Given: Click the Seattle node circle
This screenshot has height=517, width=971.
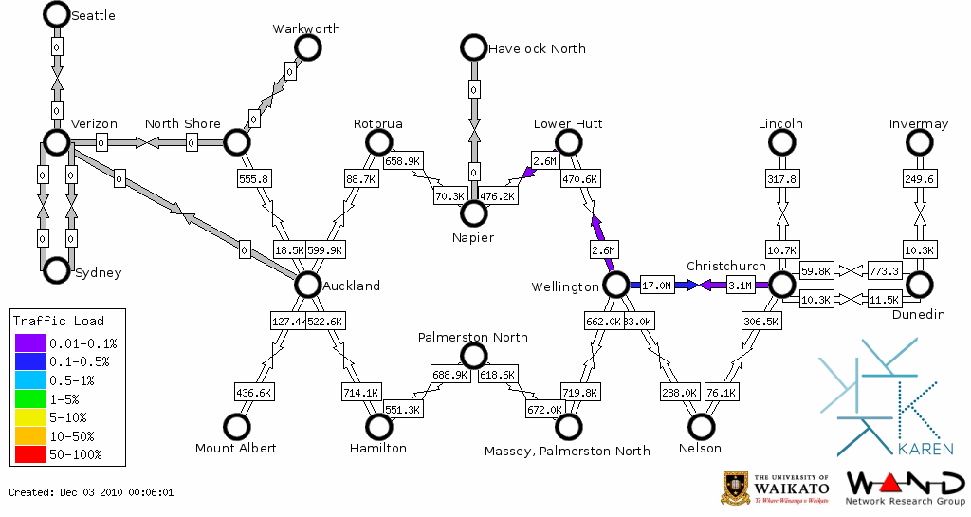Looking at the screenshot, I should (x=57, y=14).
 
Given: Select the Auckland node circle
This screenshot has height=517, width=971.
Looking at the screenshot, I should (x=307, y=284).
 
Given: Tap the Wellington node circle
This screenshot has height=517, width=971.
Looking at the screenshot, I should (x=616, y=284).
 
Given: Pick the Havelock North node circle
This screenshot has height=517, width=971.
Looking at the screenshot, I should (x=473, y=47).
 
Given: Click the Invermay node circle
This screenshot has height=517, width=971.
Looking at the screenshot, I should (x=919, y=142).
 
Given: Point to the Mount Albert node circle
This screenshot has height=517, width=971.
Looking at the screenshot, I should (x=236, y=427).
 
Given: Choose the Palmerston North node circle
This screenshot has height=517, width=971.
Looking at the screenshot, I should (x=473, y=356).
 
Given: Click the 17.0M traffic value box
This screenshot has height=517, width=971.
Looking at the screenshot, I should (x=656, y=285).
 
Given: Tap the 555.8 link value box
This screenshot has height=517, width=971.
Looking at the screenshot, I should (x=254, y=178).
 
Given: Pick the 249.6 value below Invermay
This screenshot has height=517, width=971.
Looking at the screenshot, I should (x=919, y=178).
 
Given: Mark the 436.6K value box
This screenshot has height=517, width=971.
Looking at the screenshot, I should (x=254, y=392).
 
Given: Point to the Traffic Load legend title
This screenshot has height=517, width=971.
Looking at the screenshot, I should (x=59, y=321).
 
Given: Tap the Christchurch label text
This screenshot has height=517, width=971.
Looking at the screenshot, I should (x=725, y=266).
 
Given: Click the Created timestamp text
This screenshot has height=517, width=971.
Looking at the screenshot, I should (x=91, y=492).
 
